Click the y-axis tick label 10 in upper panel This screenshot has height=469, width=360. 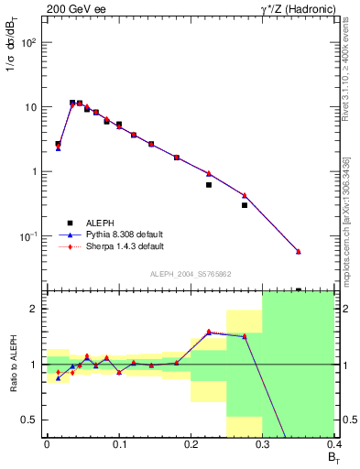pos(30,107)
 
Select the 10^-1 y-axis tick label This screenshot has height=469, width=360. pos(27,236)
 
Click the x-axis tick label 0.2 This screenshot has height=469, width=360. pos(191,443)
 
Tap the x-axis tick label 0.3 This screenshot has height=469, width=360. pos(263,443)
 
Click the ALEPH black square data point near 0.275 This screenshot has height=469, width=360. pos(245,205)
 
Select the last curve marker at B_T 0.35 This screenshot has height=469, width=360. pos(298,252)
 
